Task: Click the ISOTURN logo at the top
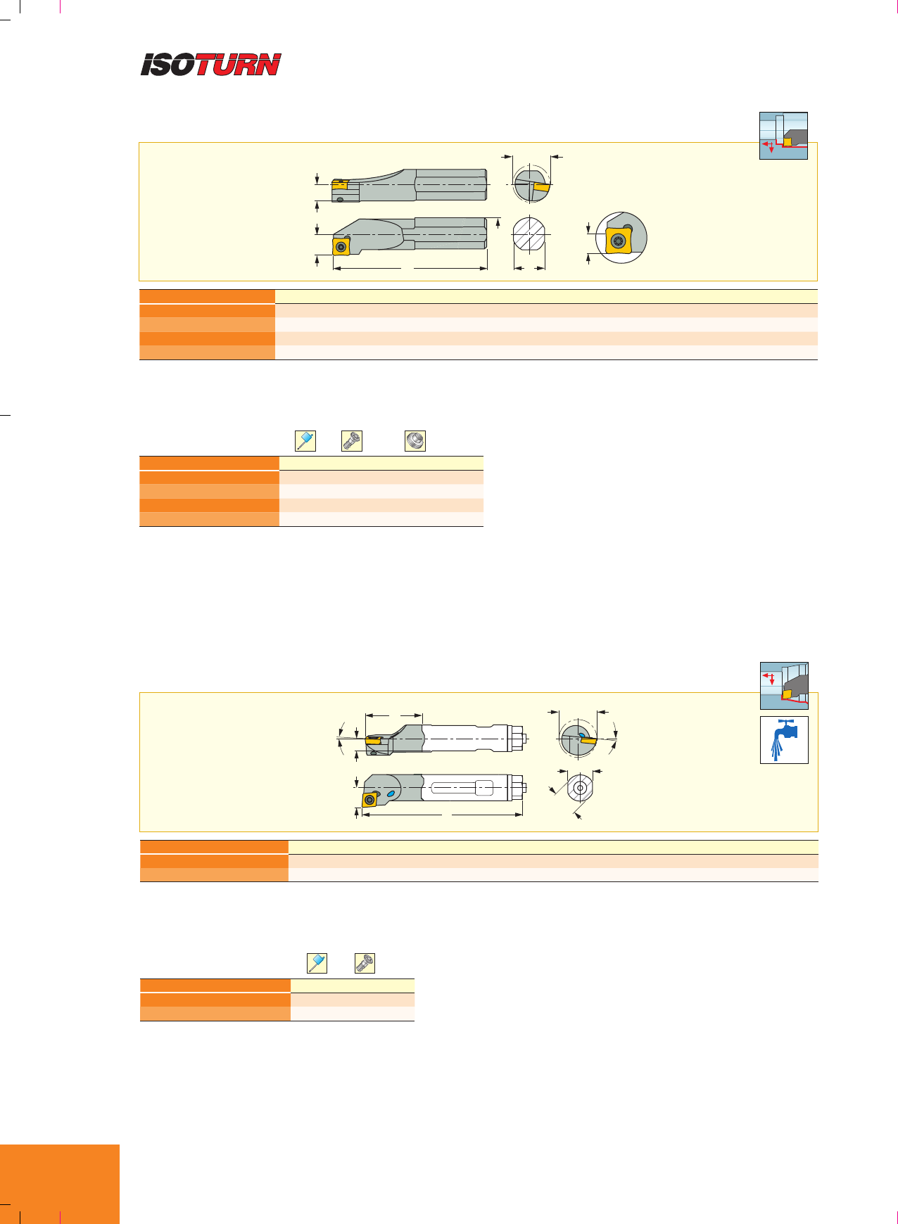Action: pyautogui.click(x=211, y=65)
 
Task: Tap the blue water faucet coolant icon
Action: pyautogui.click(x=784, y=739)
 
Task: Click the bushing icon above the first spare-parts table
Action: pyautogui.click(x=415, y=441)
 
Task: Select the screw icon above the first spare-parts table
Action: pyautogui.click(x=352, y=441)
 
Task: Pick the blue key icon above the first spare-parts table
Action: pyautogui.click(x=305, y=441)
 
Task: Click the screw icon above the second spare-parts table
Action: pyautogui.click(x=365, y=963)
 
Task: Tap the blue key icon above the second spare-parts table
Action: pyautogui.click(x=317, y=963)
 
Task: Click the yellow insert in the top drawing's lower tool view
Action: pyautogui.click(x=341, y=246)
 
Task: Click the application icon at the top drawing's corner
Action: pyautogui.click(x=783, y=136)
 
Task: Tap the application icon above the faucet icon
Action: pyautogui.click(x=784, y=686)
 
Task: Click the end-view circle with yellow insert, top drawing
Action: pyautogui.click(x=533, y=184)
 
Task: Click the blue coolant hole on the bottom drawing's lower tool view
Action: pyautogui.click(x=391, y=793)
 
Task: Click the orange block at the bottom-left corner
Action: pyautogui.click(x=60, y=1184)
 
